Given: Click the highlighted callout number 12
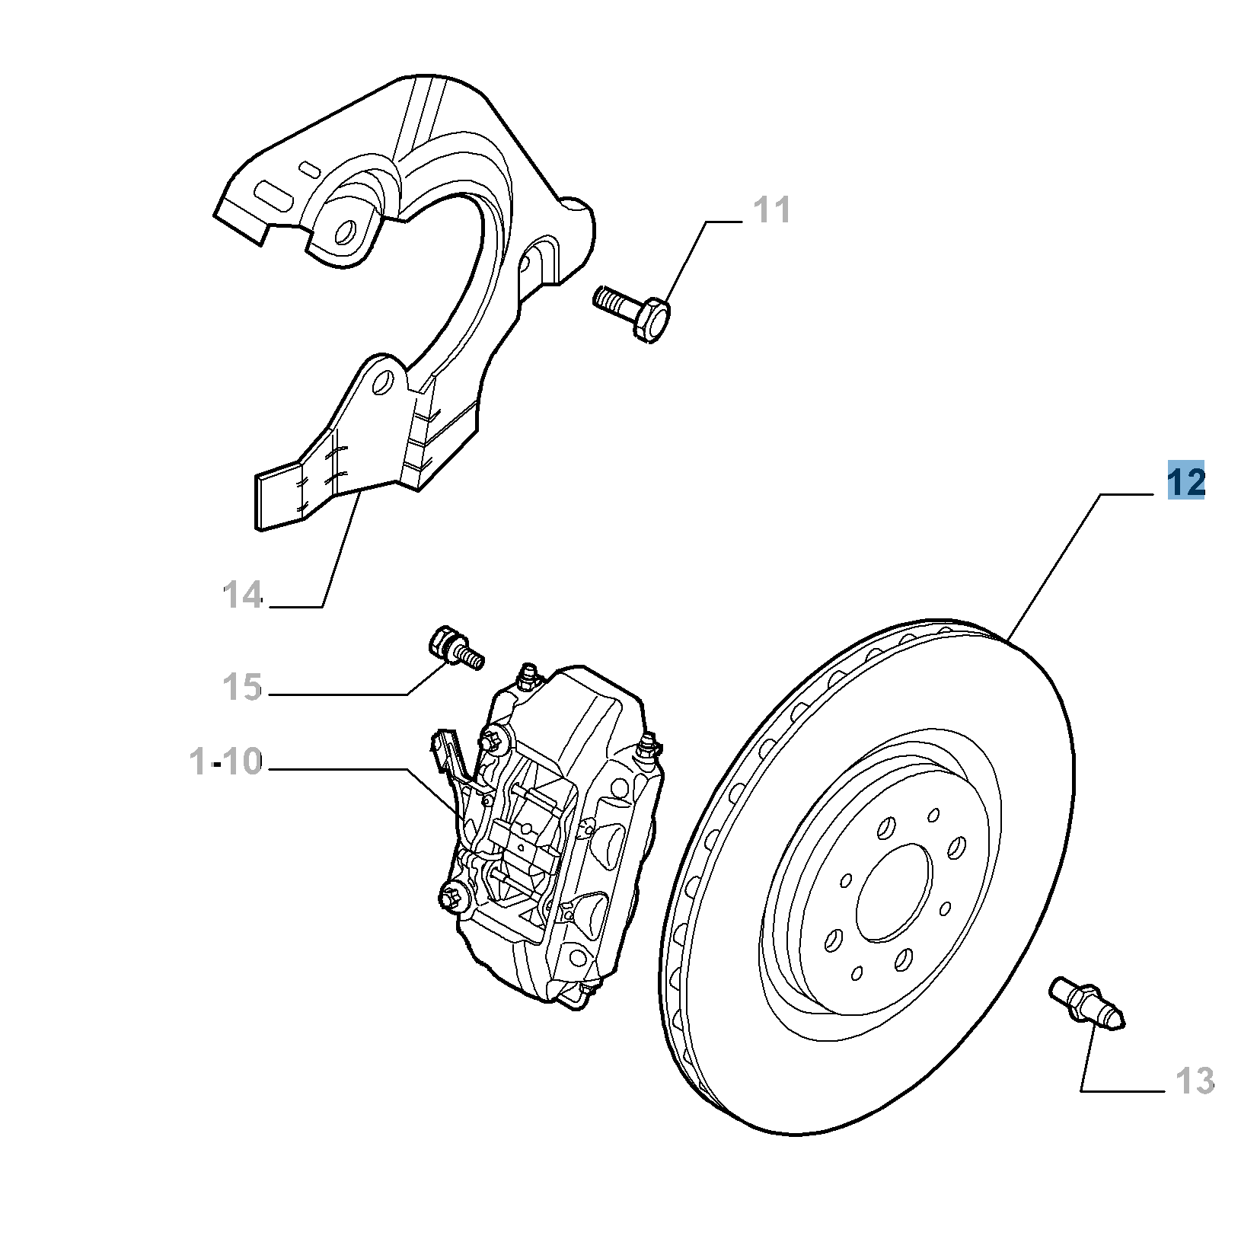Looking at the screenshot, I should [1186, 483].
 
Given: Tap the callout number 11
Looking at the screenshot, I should [772, 209].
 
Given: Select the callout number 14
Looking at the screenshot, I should [243, 595].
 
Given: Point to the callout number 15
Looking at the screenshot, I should [243, 687].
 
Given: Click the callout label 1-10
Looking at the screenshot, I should [225, 762].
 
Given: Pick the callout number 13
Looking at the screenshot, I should [1194, 1081].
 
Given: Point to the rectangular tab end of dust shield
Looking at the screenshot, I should [279, 498].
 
